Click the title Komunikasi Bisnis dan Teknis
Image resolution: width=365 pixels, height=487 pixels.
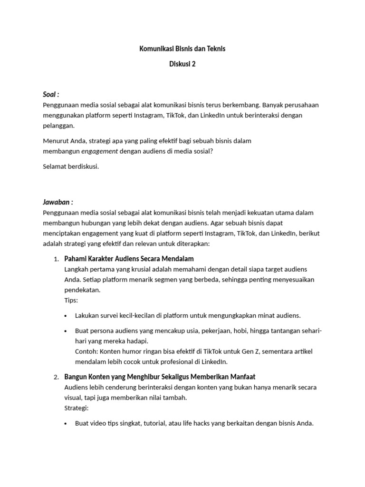pyautogui.click(x=182, y=49)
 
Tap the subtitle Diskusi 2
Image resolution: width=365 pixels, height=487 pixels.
pyautogui.click(x=182, y=65)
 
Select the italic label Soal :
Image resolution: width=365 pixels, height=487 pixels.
pyautogui.click(x=51, y=94)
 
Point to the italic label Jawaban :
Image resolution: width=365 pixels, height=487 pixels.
pyautogui.click(x=58, y=202)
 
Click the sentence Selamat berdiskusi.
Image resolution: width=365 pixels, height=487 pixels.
pyautogui.click(x=71, y=166)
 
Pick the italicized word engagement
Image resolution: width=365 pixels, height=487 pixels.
pyautogui.click(x=99, y=151)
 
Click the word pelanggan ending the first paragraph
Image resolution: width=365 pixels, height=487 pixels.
pyautogui.click(x=58, y=126)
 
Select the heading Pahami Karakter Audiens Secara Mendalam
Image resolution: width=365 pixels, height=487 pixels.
pyautogui.click(x=129, y=259)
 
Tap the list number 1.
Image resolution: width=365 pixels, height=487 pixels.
pyautogui.click(x=56, y=259)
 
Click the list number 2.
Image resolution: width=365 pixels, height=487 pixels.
pyautogui.click(x=56, y=377)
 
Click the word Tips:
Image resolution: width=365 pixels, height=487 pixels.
pyautogui.click(x=71, y=300)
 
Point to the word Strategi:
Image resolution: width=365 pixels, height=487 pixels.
pyautogui.click(x=76, y=408)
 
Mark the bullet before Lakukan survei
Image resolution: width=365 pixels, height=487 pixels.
pyautogui.click(x=65, y=316)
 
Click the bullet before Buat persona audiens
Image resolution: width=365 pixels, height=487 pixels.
pyautogui.click(x=65, y=331)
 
